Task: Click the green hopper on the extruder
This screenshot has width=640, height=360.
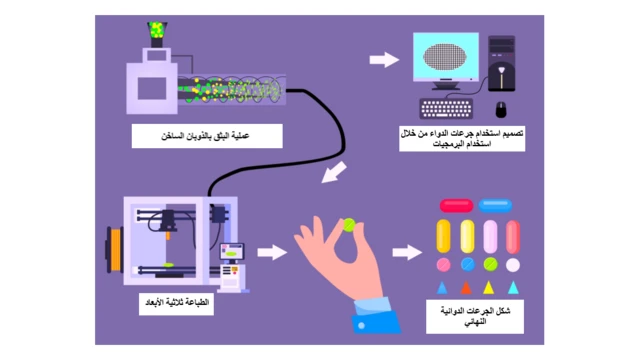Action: click(157, 33)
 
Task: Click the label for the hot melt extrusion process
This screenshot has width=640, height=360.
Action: click(207, 136)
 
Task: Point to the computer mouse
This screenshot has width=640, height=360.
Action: click(500, 109)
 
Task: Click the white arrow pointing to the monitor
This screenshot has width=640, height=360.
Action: click(383, 61)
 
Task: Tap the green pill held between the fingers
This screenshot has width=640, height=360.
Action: click(350, 225)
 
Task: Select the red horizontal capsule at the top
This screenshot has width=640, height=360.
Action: click(456, 205)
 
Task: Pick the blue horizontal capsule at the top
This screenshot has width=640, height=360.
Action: click(495, 205)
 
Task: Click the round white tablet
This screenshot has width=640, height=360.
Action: click(513, 265)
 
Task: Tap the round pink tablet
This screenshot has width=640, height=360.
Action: click(443, 265)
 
